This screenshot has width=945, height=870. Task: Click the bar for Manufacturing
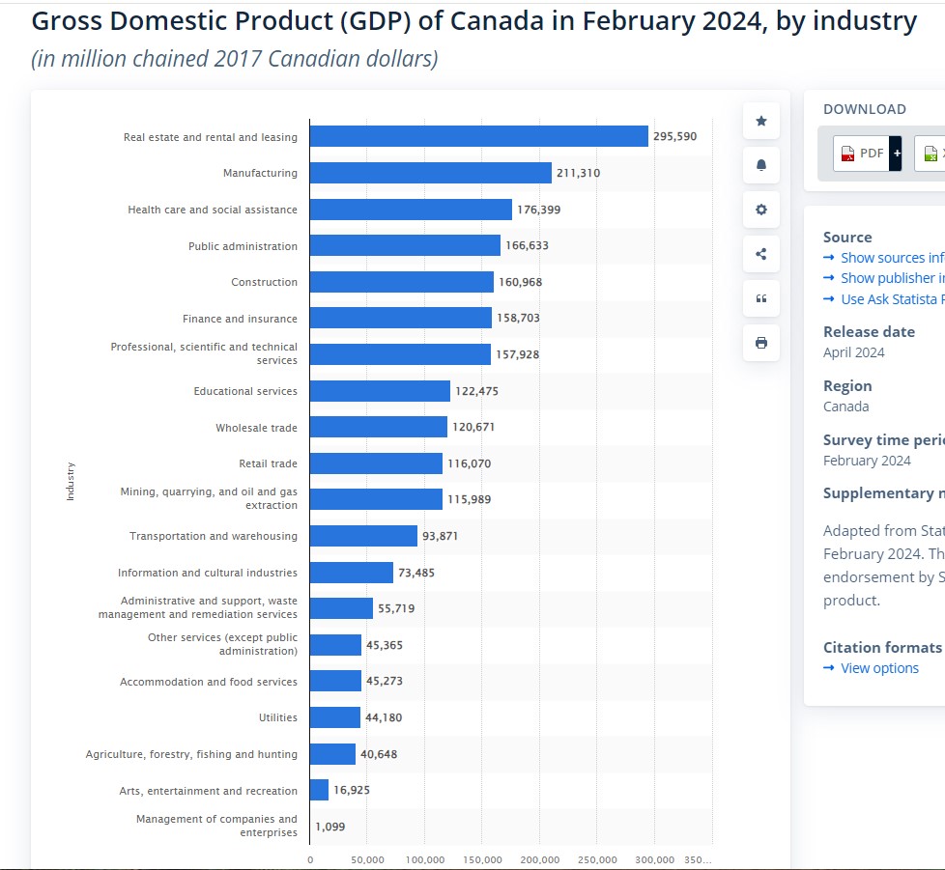click(430, 173)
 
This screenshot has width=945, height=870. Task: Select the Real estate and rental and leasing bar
click(478, 136)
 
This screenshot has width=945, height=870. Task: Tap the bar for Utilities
click(334, 717)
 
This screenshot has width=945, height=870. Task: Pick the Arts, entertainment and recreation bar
click(319, 790)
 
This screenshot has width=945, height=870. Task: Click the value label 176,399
click(538, 210)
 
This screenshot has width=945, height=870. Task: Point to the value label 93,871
click(440, 536)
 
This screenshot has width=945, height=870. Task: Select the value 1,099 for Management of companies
click(329, 827)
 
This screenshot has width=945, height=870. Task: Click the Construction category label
click(264, 282)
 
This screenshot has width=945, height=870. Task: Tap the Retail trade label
click(268, 463)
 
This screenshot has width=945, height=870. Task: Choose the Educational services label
click(245, 391)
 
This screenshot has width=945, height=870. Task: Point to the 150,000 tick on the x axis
click(482, 859)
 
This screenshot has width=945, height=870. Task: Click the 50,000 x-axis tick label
click(367, 859)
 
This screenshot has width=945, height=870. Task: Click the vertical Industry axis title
click(70, 482)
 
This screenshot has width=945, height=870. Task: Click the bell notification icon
click(760, 165)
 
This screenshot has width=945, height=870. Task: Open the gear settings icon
click(760, 210)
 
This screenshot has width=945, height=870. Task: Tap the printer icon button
click(760, 343)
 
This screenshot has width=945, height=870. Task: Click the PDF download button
click(862, 153)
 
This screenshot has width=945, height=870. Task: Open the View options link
click(879, 668)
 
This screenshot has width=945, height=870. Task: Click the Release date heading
click(869, 331)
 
